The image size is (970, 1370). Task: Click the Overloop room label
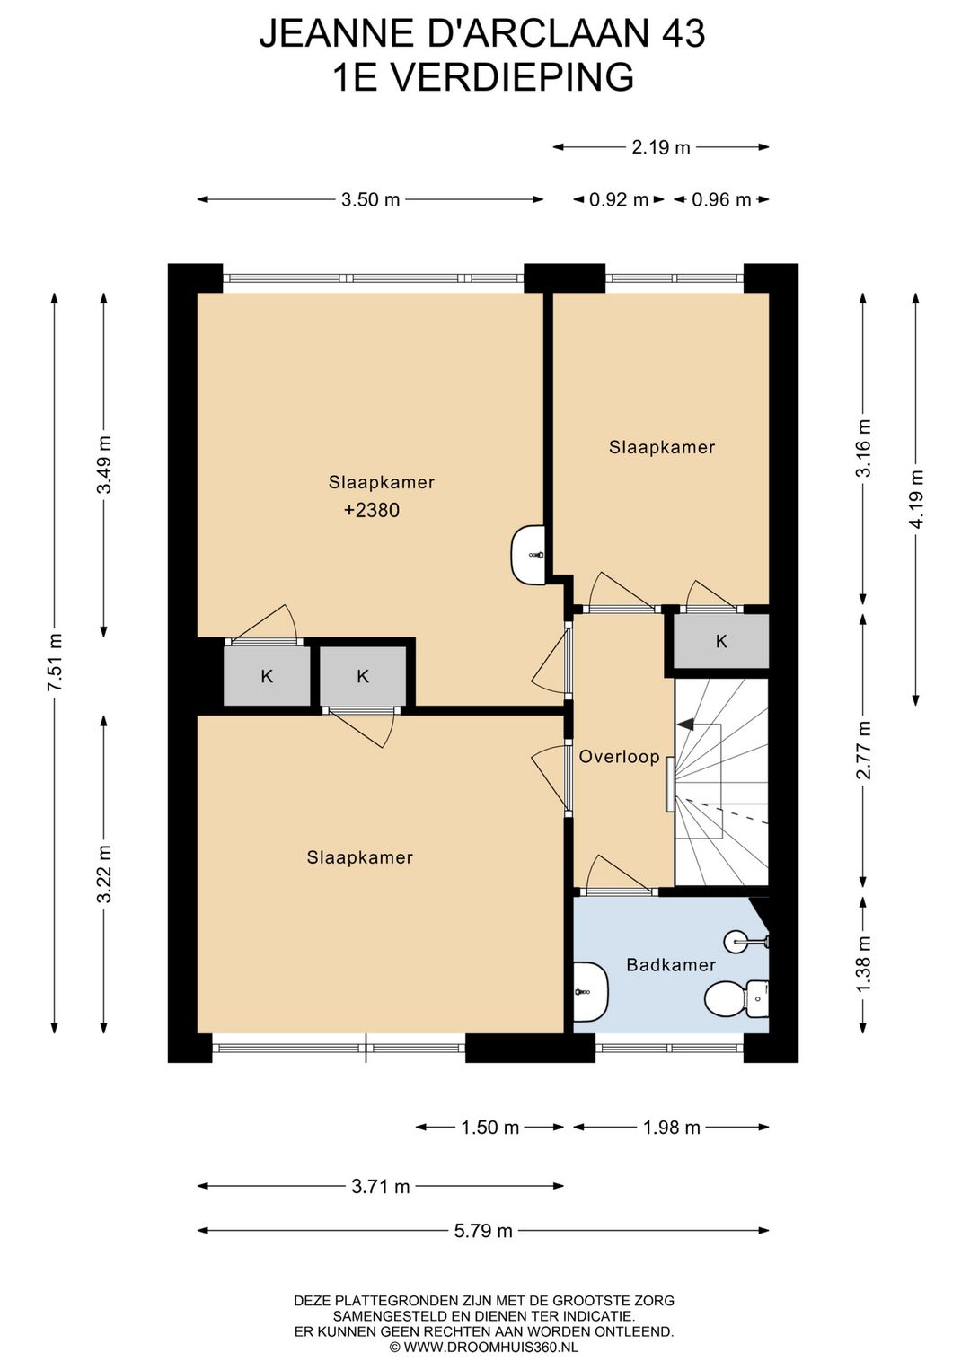620,757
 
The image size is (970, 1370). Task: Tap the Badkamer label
671,964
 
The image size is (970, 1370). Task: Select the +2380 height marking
372,510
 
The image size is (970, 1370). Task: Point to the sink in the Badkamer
591,991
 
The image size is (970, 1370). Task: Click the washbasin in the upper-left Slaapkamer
527,554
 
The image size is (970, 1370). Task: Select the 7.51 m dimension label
55,663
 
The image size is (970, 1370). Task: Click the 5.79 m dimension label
483,1231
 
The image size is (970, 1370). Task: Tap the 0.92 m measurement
619,199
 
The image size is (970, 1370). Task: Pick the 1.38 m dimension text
863,966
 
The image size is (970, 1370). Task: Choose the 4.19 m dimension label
916,498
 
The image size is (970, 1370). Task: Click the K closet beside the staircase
721,641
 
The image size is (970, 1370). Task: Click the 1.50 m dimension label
489,1127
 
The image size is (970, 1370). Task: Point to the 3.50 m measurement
370,199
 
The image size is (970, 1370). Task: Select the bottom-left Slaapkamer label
360,856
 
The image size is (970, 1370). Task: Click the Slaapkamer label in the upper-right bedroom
662,447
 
